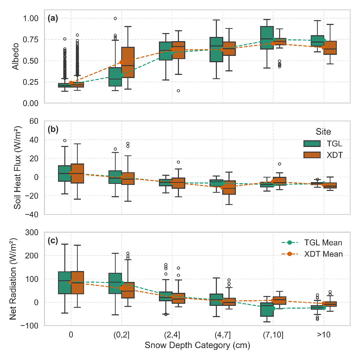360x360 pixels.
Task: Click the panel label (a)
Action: click(x=53, y=19)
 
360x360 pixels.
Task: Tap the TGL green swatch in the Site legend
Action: click(x=312, y=143)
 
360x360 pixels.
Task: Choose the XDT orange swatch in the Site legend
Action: click(x=312, y=155)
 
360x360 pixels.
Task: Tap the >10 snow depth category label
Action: click(x=323, y=334)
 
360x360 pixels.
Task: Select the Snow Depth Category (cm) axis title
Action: click(x=197, y=346)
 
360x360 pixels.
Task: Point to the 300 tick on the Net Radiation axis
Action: click(x=33, y=232)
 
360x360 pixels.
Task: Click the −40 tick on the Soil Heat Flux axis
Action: click(x=32, y=214)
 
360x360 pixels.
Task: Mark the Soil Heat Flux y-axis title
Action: click(x=17, y=167)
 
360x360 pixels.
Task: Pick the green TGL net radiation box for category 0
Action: click(x=65, y=283)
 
